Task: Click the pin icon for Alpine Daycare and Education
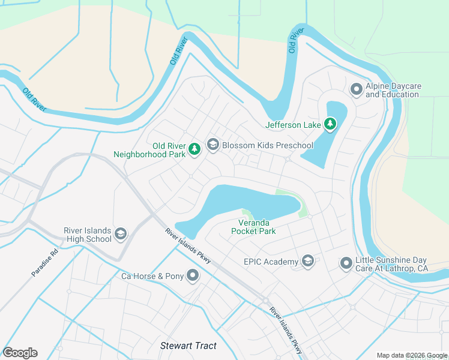coord(356,90)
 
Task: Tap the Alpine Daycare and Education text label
coord(393,91)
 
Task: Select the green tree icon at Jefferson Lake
coord(330,124)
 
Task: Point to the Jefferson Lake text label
coord(294,125)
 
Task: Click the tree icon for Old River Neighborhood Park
coord(194,149)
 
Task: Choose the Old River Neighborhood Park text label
coord(150,150)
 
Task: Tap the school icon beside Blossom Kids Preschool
coord(212,145)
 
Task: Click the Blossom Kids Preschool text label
coord(268,146)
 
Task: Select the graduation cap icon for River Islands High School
coord(120,233)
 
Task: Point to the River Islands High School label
coord(88,235)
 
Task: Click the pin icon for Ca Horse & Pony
coord(193,276)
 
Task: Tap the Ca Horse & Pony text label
coord(151,277)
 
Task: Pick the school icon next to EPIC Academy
coord(308,261)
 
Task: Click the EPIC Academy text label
coord(271,262)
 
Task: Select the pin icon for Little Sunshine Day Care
coord(346,263)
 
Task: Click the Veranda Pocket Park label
coord(253,227)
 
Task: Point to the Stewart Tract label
coord(188,346)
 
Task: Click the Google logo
coord(20,353)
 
